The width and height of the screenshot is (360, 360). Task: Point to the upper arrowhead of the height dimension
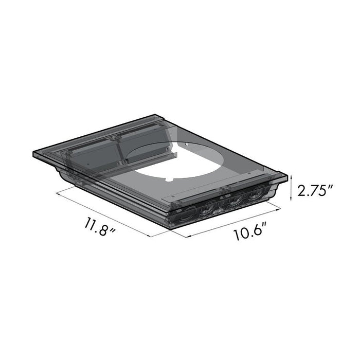point(292,176)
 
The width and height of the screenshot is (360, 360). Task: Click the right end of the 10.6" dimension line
point(280,208)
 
